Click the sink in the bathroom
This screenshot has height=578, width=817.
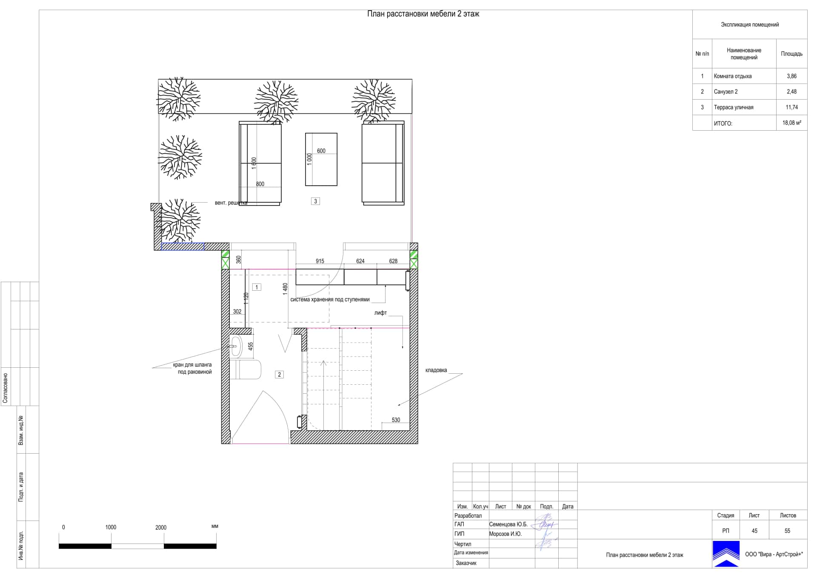[235, 346]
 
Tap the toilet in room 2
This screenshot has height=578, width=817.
[246, 369]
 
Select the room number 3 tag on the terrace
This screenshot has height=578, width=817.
[315, 201]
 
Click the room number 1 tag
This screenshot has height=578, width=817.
[257, 287]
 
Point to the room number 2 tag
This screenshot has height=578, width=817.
[279, 375]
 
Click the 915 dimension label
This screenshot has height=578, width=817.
[320, 261]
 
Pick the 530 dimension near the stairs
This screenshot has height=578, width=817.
[396, 420]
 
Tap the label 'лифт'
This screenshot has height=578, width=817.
[380, 313]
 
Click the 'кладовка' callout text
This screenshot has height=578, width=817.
[436, 370]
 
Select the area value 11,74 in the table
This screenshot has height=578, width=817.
[791, 107]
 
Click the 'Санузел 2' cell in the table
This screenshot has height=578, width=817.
[726, 92]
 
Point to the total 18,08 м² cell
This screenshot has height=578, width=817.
[791, 123]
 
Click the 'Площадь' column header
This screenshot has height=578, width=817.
[791, 54]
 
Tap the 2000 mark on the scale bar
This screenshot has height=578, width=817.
[161, 527]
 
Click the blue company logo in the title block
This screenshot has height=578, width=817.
[726, 554]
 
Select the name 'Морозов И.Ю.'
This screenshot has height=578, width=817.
[505, 534]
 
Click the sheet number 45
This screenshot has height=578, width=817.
[754, 531]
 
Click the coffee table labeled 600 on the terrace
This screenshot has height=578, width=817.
[321, 159]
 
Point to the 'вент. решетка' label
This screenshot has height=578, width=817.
[231, 203]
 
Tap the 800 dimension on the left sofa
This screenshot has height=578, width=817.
[260, 184]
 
